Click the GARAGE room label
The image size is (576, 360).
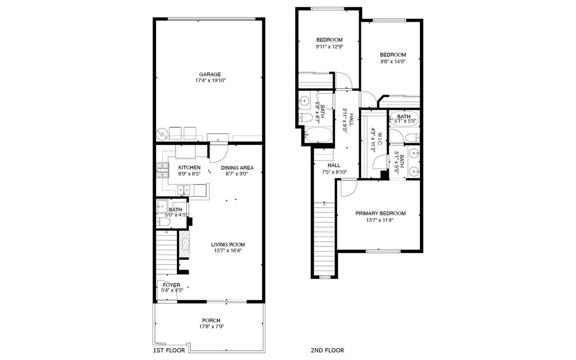tap(210, 74)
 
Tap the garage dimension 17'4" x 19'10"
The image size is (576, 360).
tap(210, 81)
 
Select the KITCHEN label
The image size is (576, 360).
tap(189, 168)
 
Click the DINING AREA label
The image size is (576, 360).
tap(237, 168)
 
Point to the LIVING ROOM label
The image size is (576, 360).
tap(228, 244)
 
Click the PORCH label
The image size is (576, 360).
tap(211, 320)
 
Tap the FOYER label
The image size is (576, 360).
tap(171, 285)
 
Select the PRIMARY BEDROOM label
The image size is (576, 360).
tap(381, 213)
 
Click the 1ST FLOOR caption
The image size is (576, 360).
tap(169, 350)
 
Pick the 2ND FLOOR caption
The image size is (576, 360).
tap(327, 350)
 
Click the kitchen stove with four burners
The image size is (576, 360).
tap(162, 170)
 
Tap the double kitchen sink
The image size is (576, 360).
tap(184, 190)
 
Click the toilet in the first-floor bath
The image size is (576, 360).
tap(163, 222)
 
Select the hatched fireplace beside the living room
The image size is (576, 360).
tap(184, 244)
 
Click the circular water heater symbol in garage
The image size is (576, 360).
tap(162, 134)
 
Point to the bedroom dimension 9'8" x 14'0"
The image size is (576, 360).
tap(393, 62)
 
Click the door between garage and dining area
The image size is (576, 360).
tap(219, 153)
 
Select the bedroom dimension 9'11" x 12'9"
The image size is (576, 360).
tap(329, 46)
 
